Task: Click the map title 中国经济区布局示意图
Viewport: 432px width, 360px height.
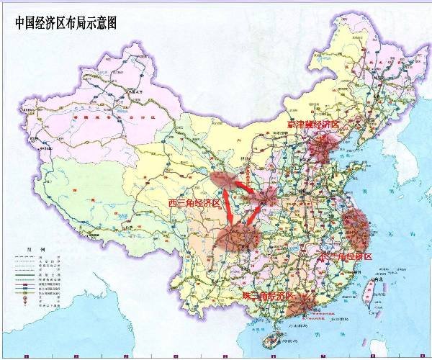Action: click(x=66, y=22)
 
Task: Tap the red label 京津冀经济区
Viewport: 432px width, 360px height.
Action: click(x=312, y=125)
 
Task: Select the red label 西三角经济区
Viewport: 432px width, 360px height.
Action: click(x=194, y=204)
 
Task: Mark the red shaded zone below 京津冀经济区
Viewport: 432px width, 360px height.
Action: click(x=319, y=152)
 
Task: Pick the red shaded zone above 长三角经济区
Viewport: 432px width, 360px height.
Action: click(x=355, y=226)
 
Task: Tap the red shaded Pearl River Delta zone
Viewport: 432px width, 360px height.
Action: click(x=301, y=308)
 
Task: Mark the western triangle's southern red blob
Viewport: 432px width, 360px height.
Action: click(x=237, y=237)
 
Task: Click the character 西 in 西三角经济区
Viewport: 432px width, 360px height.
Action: click(x=173, y=204)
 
